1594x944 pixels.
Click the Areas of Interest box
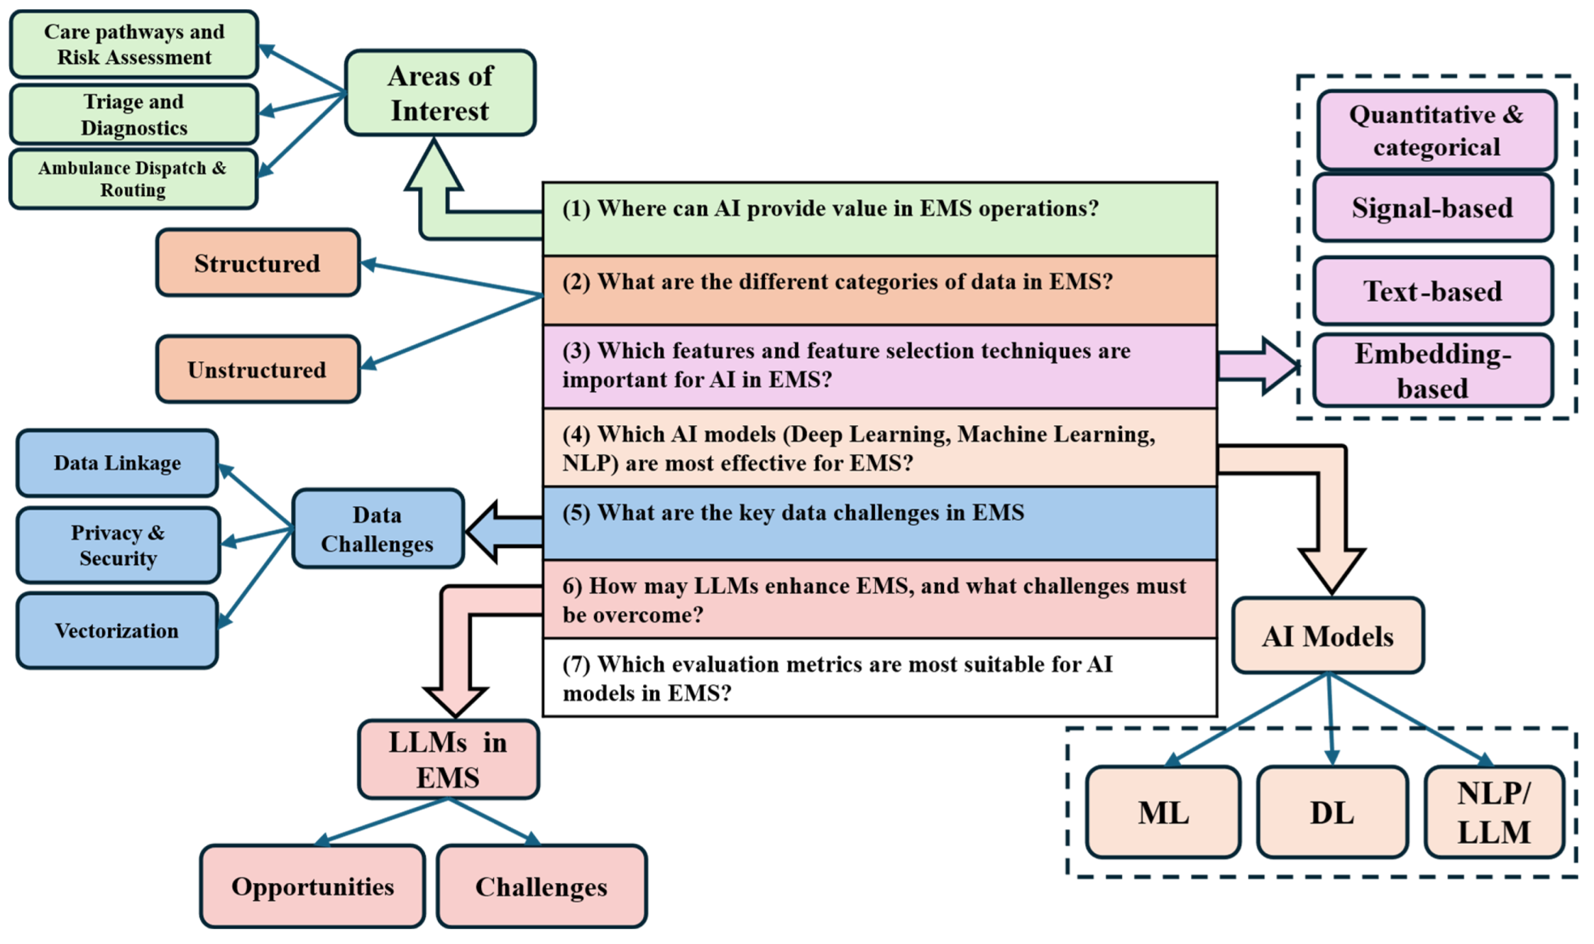click(440, 93)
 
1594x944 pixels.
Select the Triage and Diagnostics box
click(134, 114)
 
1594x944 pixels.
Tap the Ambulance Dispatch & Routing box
click(133, 180)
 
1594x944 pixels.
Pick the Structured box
click(258, 263)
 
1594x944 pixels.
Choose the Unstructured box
click(258, 370)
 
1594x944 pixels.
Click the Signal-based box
click(1433, 208)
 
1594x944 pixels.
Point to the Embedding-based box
click(1433, 371)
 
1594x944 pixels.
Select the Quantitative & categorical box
click(1436, 131)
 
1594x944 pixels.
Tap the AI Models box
click(1328, 636)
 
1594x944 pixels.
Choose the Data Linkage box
click(117, 463)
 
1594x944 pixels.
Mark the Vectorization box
click(117, 631)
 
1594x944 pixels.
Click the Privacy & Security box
click(119, 546)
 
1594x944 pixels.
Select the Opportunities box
click(312, 887)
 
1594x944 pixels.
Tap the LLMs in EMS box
click(448, 759)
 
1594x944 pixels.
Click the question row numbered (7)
click(880, 678)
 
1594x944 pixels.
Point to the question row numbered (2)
click(880, 290)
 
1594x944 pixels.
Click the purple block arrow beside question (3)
click(1257, 367)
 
